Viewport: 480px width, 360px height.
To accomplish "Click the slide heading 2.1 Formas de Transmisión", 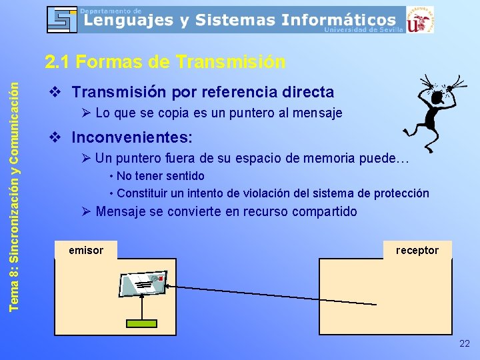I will click(x=165, y=62).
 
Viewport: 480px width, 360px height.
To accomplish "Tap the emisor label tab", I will click(x=86, y=250).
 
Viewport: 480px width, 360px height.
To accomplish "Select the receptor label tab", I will click(x=417, y=250).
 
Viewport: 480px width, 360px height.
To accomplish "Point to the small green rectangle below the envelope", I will click(x=142, y=323).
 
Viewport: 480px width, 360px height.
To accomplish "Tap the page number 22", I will click(x=464, y=343).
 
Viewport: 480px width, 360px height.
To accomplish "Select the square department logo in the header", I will click(x=62, y=19).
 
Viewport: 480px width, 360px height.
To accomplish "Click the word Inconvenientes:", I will click(x=132, y=138).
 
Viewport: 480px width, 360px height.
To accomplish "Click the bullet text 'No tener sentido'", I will click(x=160, y=176).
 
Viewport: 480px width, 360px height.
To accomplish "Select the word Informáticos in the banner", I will click(x=343, y=20).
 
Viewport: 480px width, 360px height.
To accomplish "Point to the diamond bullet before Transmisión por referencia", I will click(x=57, y=92).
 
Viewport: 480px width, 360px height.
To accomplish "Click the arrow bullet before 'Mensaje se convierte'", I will click(x=84, y=212).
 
